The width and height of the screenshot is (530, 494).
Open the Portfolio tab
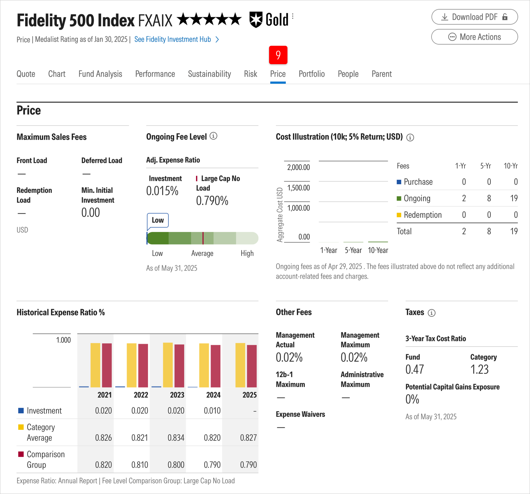(311, 74)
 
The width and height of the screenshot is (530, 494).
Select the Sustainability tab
(209, 74)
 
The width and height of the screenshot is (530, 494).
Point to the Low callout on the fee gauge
(158, 220)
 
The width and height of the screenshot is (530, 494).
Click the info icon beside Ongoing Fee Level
(213, 136)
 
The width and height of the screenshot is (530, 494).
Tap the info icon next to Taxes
(431, 313)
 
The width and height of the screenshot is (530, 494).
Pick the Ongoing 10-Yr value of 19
(513, 198)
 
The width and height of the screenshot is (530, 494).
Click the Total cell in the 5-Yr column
(489, 231)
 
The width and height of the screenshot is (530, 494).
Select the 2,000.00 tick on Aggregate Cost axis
(298, 167)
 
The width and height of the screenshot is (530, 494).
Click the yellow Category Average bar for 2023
(168, 365)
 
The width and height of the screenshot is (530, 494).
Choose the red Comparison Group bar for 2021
(107, 365)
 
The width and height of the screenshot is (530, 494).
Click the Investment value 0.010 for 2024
(212, 411)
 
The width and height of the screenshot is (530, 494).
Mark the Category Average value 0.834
(176, 438)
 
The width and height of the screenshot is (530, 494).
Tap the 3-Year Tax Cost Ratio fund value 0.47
(414, 369)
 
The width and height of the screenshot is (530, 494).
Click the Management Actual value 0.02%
(289, 357)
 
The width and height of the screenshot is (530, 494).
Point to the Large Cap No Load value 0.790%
(212, 201)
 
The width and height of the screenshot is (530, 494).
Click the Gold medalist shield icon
(256, 19)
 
